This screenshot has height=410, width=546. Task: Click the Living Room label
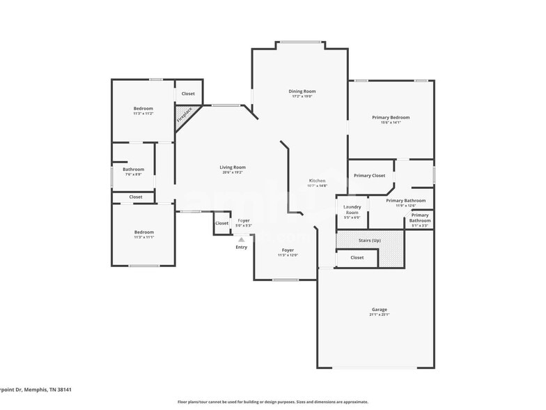(233, 167)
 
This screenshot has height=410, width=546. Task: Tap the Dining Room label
(302, 91)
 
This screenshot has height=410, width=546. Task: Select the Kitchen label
(317, 181)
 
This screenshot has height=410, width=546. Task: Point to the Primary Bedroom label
(391, 118)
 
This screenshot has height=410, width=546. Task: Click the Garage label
(379, 310)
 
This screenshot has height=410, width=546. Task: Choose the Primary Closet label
(369, 176)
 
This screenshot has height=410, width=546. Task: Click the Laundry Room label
(352, 209)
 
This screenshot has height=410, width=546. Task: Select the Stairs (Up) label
(369, 240)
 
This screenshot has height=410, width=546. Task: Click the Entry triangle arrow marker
(241, 239)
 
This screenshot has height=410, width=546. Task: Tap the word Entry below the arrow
(241, 247)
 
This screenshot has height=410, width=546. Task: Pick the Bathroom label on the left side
(133, 169)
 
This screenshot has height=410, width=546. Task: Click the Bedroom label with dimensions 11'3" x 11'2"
(143, 109)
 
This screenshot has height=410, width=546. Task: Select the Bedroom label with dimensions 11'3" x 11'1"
(143, 232)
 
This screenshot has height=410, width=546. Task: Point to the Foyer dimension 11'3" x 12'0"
(288, 255)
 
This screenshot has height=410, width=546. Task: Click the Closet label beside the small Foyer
(221, 223)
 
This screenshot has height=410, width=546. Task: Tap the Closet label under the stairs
(357, 257)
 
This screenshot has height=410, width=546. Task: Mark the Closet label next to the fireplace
(188, 93)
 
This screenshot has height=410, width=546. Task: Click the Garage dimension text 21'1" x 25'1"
(379, 315)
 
